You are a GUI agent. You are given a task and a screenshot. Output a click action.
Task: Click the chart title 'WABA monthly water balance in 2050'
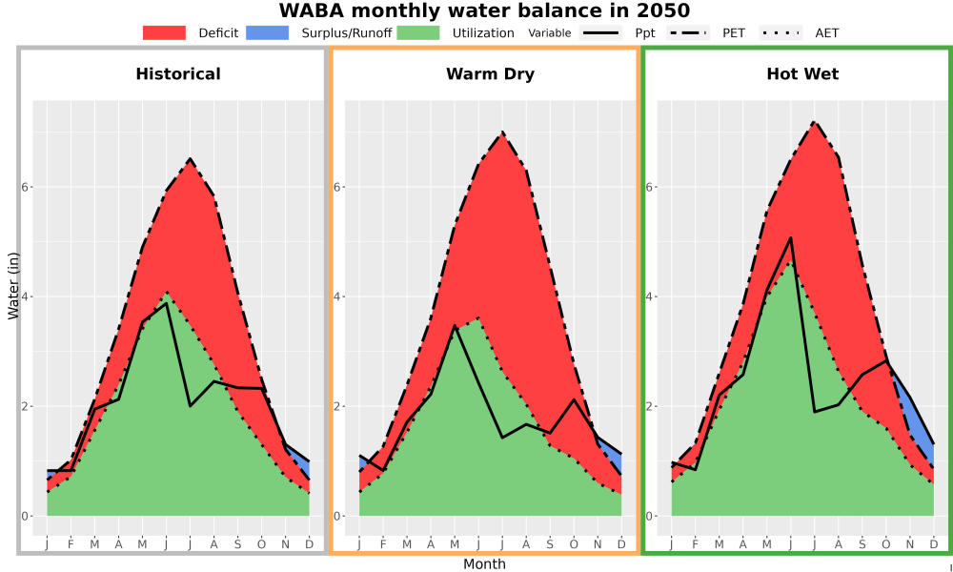click(484, 10)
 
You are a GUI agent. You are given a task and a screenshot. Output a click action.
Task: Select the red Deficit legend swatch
click(164, 32)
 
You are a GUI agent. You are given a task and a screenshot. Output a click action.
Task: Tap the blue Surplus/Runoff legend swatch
click(268, 32)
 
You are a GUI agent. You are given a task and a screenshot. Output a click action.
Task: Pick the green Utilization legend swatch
click(418, 32)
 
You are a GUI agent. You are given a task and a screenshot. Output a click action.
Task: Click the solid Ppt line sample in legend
click(600, 32)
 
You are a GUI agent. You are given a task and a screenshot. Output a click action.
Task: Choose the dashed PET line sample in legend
click(688, 32)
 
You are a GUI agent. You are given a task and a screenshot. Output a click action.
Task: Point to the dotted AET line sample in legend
click(781, 32)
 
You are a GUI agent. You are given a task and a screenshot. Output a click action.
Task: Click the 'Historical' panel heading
click(178, 74)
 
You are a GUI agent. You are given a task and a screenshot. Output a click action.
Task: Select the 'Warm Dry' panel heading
click(491, 74)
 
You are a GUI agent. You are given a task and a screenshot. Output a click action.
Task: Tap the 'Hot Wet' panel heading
click(802, 74)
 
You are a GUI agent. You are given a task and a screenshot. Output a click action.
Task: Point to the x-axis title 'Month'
click(484, 564)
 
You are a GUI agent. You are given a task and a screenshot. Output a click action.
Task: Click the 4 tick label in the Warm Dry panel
click(336, 296)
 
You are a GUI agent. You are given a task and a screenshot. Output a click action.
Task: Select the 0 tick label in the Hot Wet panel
click(649, 516)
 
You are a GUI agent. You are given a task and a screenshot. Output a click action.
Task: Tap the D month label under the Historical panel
click(310, 544)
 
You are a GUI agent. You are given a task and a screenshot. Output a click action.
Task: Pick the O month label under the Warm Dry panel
click(574, 544)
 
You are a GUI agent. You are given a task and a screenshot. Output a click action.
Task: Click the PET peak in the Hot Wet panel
click(814, 122)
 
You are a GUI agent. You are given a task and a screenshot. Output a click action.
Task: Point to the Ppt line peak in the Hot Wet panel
click(790, 237)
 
